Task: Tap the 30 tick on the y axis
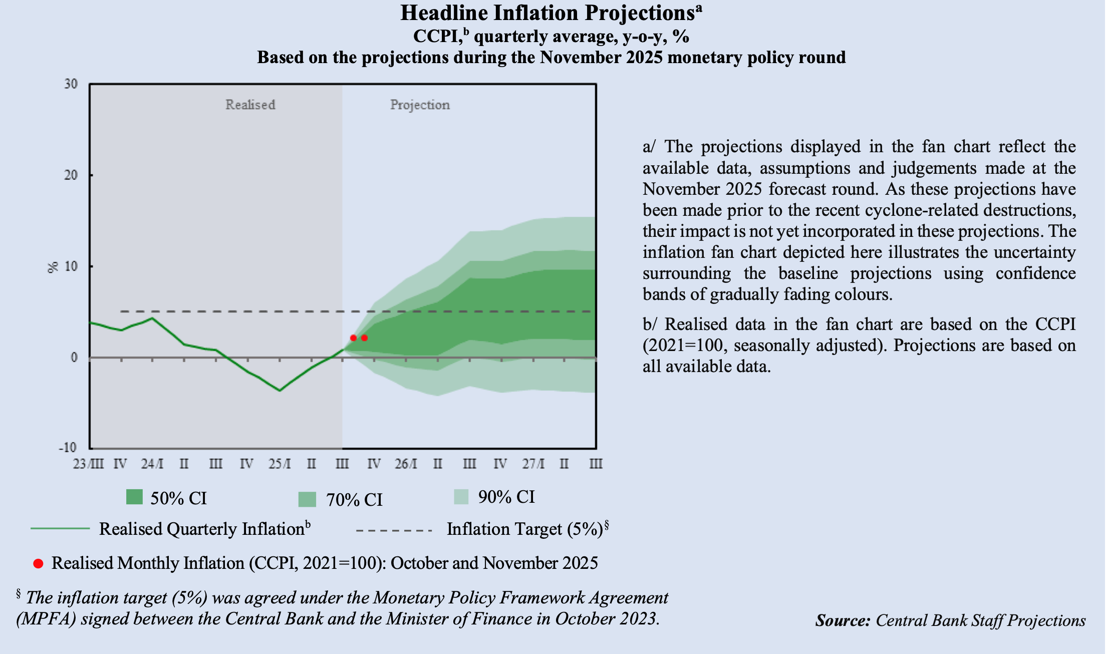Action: pyautogui.click(x=71, y=84)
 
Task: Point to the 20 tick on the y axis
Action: pyautogui.click(x=71, y=175)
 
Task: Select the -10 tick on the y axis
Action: pyautogui.click(x=68, y=448)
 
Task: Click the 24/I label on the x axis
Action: pyautogui.click(x=152, y=464)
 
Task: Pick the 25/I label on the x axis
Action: pyautogui.click(x=279, y=464)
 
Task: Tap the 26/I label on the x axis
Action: pyautogui.click(x=405, y=464)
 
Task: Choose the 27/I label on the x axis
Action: pyautogui.click(x=533, y=464)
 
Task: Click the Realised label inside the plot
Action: pyautogui.click(x=250, y=105)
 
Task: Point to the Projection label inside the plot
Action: pyautogui.click(x=420, y=105)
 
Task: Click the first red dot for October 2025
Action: pyautogui.click(x=353, y=338)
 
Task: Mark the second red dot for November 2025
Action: pyautogui.click(x=364, y=338)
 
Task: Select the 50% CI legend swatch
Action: pyautogui.click(x=134, y=497)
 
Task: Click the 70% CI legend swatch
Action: pyautogui.click(x=307, y=499)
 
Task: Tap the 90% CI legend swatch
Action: pyautogui.click(x=461, y=497)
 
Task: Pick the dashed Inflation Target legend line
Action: pyautogui.click(x=394, y=530)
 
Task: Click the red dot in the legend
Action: pyautogui.click(x=38, y=564)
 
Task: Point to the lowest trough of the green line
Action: pyautogui.click(x=280, y=391)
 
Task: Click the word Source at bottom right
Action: pyautogui.click(x=843, y=621)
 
